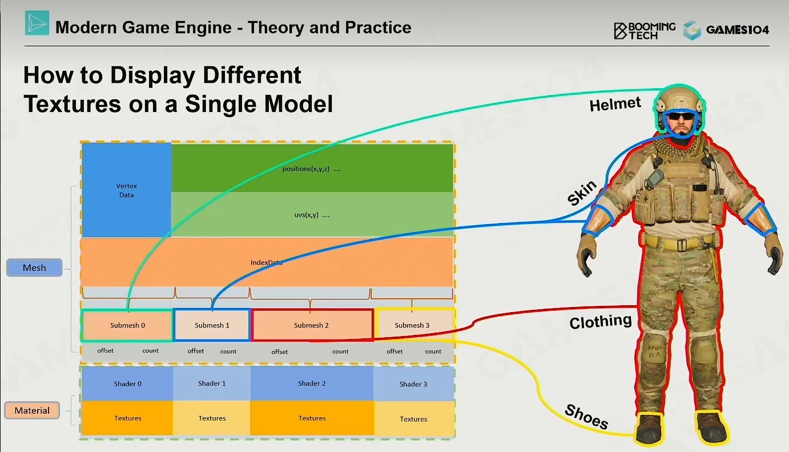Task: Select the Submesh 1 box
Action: pyautogui.click(x=212, y=325)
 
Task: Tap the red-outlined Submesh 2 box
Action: pyautogui.click(x=312, y=325)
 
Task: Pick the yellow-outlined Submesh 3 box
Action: pyautogui.click(x=414, y=325)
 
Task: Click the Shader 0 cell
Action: pyautogui.click(x=127, y=384)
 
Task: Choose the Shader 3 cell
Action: pyautogui.click(x=414, y=384)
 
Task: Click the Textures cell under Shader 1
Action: pyautogui.click(x=212, y=418)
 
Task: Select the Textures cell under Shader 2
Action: pyautogui.click(x=312, y=418)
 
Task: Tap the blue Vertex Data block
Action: pyautogui.click(x=126, y=190)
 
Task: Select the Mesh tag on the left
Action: pyautogui.click(x=34, y=268)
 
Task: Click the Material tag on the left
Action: pyautogui.click(x=32, y=410)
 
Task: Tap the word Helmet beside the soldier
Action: pyautogui.click(x=615, y=104)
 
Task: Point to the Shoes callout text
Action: pyautogui.click(x=586, y=417)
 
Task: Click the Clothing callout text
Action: pyautogui.click(x=601, y=321)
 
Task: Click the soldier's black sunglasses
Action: pyautogui.click(x=681, y=116)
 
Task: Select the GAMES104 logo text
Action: pyautogui.click(x=738, y=30)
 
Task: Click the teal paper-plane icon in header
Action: pyautogui.click(x=37, y=23)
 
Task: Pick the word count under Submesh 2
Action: pyautogui.click(x=340, y=352)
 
